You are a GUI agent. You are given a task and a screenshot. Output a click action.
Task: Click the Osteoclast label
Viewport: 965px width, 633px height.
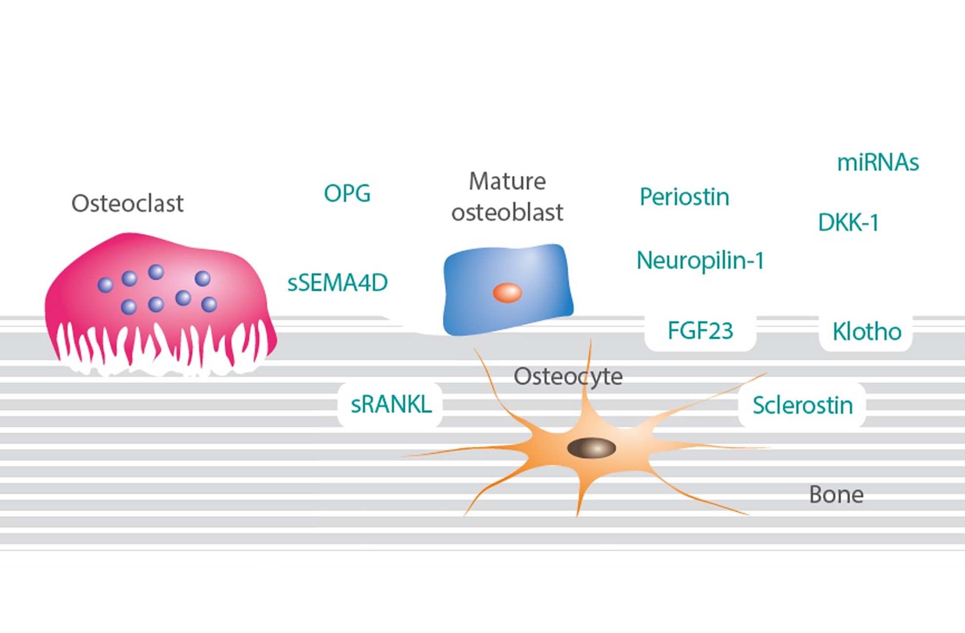127,203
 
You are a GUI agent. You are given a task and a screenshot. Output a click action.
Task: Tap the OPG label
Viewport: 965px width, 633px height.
347,193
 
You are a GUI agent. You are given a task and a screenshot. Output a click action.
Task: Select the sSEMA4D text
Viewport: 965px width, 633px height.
337,283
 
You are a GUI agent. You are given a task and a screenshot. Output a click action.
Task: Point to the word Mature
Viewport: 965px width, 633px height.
507,181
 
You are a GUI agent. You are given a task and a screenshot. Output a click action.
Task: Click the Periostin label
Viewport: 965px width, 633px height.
684,197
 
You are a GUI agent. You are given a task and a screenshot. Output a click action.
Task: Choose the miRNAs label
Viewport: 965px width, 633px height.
878,162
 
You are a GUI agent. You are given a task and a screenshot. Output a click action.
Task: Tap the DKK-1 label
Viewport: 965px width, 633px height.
848,223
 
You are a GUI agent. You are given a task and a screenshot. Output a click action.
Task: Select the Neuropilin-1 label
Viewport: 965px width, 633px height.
700,260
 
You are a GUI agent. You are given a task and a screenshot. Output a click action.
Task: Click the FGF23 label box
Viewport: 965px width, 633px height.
700,331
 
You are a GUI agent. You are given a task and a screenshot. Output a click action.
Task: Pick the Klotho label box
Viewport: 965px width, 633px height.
867,332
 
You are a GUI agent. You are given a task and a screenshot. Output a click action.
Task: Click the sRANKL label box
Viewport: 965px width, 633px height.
391,404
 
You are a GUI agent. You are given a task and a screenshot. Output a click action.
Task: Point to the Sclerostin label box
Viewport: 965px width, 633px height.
802,405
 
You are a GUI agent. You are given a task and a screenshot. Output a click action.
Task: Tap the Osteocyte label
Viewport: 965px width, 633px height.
568,376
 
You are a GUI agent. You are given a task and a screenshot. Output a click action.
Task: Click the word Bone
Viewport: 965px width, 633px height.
836,495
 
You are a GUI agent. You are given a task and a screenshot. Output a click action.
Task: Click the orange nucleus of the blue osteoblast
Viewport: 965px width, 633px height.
507,293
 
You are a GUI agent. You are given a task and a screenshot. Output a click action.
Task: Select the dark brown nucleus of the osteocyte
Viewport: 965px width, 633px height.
591,448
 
